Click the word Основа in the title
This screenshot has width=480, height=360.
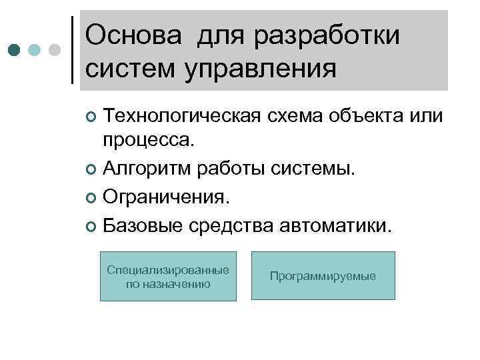click(133, 35)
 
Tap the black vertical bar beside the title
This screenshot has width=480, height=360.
click(71, 51)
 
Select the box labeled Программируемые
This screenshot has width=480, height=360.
click(323, 276)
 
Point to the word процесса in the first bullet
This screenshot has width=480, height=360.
click(146, 142)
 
